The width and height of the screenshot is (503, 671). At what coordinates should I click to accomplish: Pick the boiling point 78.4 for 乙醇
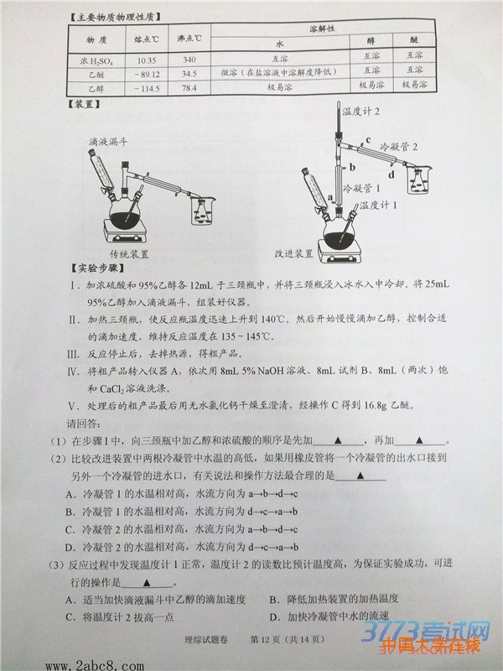pos(189,86)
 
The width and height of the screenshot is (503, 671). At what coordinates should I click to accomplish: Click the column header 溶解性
pos(322,29)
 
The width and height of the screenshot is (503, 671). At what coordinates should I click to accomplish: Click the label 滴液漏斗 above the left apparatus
pos(110,144)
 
